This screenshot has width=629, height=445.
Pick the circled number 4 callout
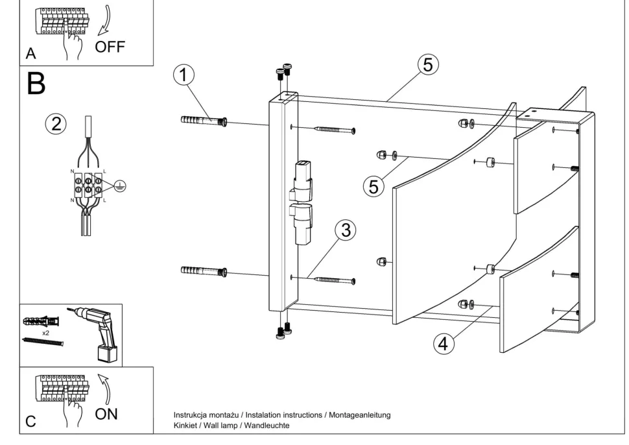pyautogui.click(x=443, y=344)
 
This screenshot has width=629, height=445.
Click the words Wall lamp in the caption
pyautogui.click(x=224, y=426)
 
